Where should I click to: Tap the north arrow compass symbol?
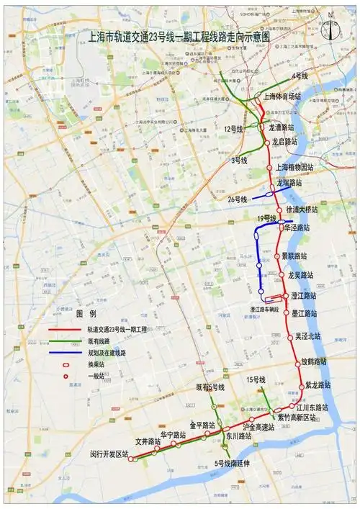[330, 27]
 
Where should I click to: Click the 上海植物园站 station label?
[296, 167]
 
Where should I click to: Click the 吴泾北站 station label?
[307, 336]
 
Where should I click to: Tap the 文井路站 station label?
[148, 441]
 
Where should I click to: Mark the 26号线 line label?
[238, 199]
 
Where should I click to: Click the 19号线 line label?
[266, 217]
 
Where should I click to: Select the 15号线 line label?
[256, 379]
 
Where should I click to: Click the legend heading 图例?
[86, 314]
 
